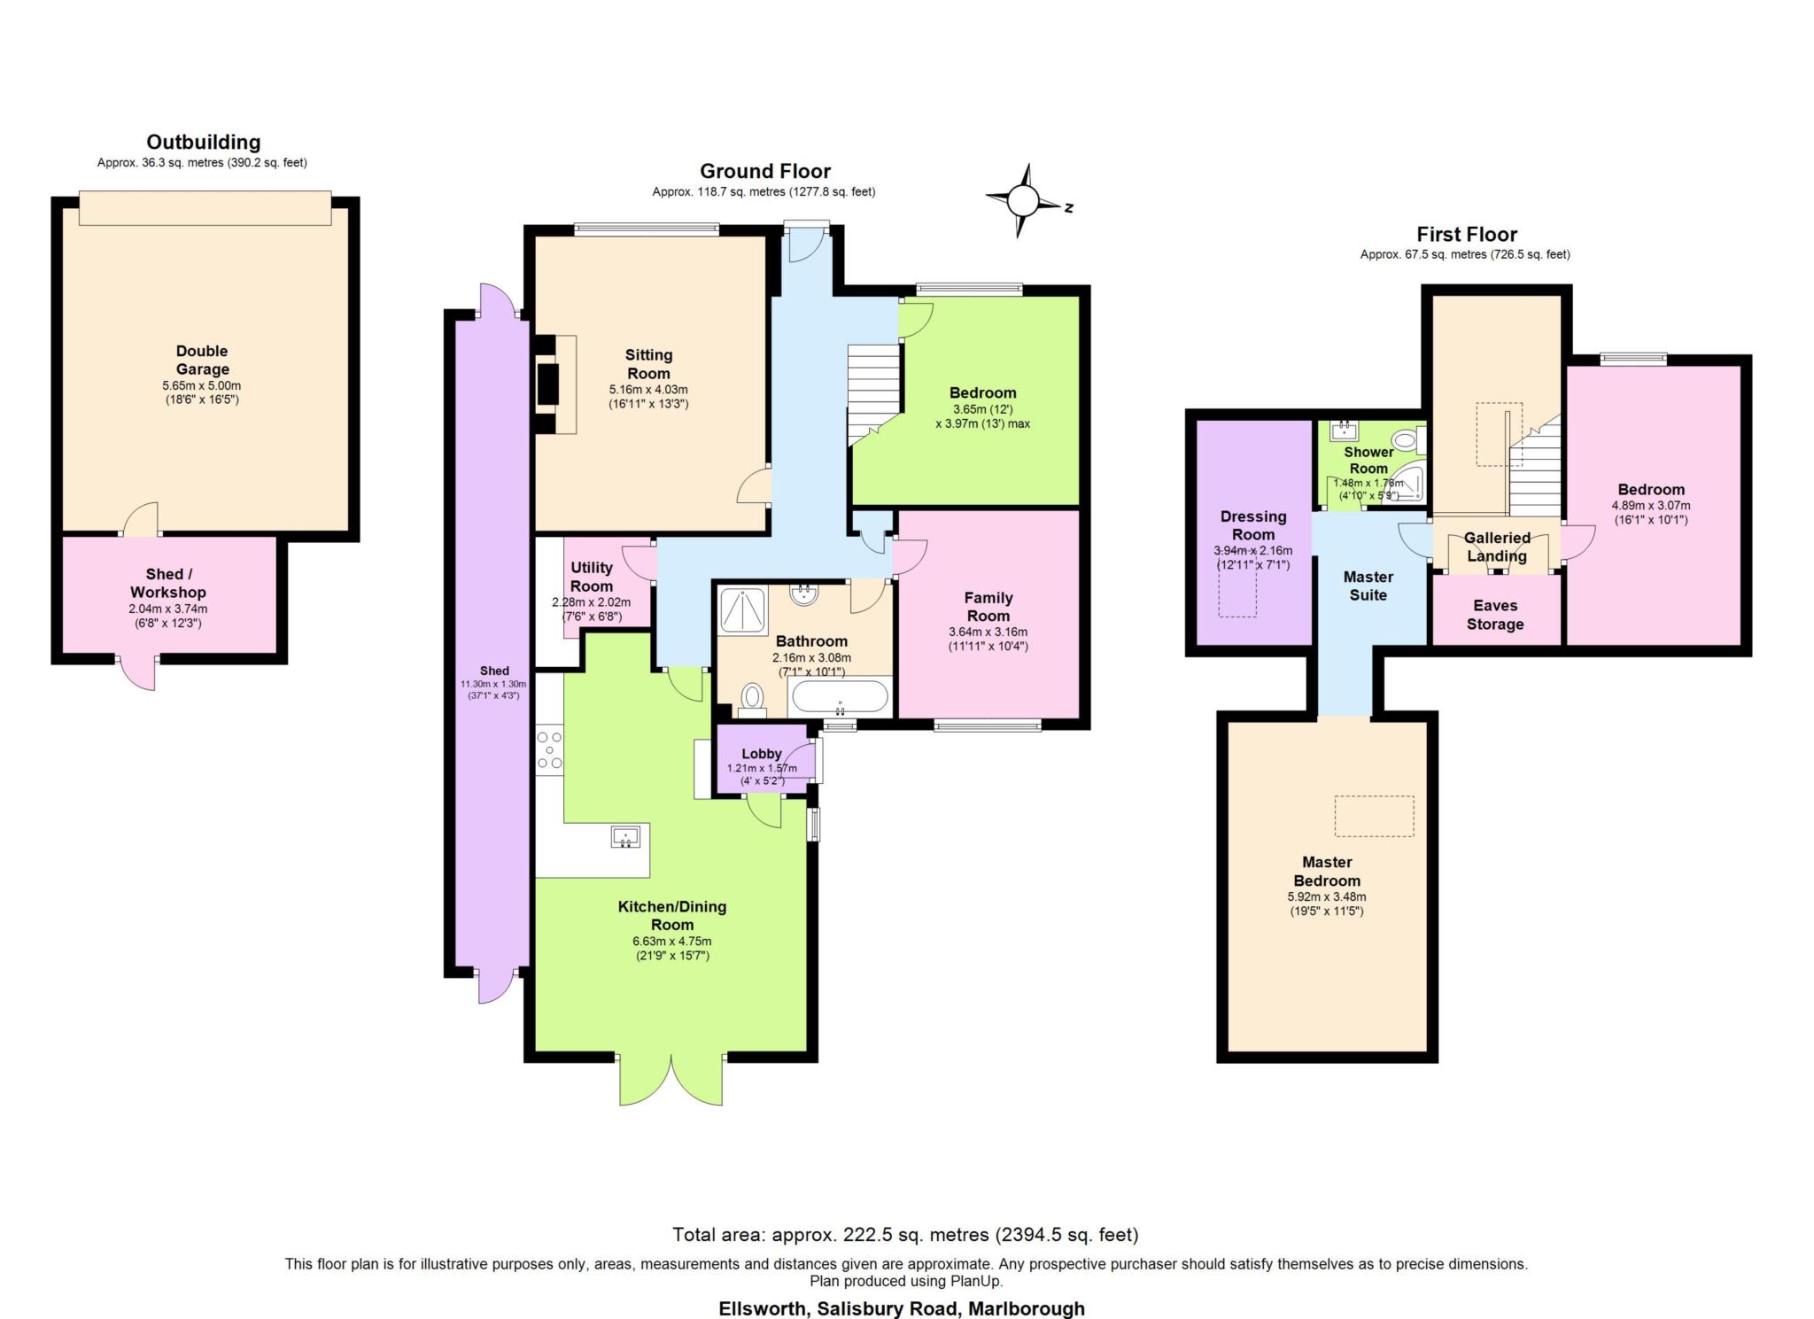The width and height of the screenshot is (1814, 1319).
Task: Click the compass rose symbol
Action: click(x=1024, y=201)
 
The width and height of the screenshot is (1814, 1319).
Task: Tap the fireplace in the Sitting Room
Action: click(x=555, y=384)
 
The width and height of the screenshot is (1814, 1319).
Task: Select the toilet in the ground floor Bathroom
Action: click(x=753, y=698)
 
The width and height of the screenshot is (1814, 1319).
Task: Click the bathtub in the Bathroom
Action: click(x=839, y=697)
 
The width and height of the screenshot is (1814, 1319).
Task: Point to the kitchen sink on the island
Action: click(x=625, y=836)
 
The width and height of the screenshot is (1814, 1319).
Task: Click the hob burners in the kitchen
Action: click(x=549, y=749)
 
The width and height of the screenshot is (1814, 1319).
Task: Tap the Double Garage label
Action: click(x=202, y=360)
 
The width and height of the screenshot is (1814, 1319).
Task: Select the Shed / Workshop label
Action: click(x=168, y=583)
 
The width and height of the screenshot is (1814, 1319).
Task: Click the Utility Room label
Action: click(x=592, y=577)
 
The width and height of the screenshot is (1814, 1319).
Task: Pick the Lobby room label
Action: click(x=762, y=754)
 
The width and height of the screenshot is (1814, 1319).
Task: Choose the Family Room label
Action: click(x=988, y=607)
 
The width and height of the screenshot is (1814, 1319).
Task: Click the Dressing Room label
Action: click(x=1253, y=525)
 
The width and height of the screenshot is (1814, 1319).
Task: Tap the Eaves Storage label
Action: click(x=1495, y=615)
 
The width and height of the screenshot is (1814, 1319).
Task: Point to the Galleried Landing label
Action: click(x=1497, y=547)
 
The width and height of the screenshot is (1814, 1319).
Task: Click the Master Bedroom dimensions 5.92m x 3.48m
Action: click(x=1327, y=896)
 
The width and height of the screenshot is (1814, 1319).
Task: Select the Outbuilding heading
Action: click(x=204, y=142)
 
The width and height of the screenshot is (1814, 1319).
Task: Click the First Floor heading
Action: click(x=1467, y=235)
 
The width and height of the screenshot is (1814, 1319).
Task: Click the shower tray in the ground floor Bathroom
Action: click(x=744, y=610)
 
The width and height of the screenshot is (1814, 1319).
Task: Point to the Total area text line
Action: click(x=905, y=1234)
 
